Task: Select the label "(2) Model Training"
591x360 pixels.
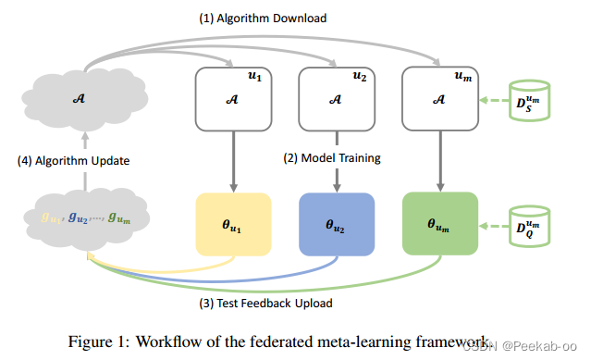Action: click(x=333, y=158)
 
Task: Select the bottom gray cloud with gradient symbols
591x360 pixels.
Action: click(x=84, y=220)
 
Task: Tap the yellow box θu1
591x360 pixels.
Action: click(x=230, y=222)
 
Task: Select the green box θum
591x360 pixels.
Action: click(x=439, y=222)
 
